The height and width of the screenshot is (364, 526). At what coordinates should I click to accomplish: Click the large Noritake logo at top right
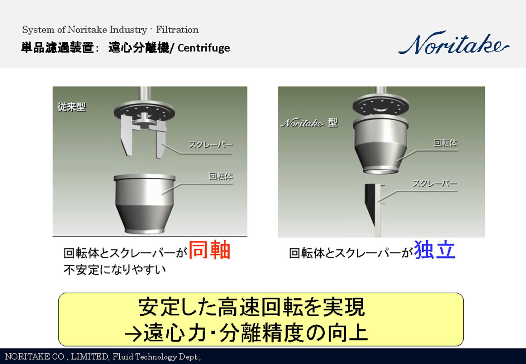[x=453, y=44]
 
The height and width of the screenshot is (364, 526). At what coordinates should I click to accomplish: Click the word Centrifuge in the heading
[x=204, y=48]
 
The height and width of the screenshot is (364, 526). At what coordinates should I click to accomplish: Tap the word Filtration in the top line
[x=177, y=30]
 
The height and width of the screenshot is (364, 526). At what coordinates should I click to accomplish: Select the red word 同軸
[x=210, y=250]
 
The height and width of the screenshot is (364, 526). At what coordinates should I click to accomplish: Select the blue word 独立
[x=435, y=250]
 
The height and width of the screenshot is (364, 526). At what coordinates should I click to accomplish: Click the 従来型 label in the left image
[x=71, y=107]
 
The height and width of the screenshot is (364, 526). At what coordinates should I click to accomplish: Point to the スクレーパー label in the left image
[x=211, y=145]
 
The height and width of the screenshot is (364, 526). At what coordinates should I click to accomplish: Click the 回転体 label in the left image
[x=221, y=177]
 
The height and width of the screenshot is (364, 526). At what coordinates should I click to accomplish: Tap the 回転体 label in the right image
[x=445, y=143]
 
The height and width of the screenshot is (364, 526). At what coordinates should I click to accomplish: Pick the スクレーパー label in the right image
[x=435, y=183]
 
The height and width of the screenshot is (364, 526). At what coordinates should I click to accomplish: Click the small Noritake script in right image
[x=302, y=123]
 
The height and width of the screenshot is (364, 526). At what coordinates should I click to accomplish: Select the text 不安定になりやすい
[x=115, y=269]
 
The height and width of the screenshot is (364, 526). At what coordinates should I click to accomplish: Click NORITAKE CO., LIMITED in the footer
[x=56, y=357]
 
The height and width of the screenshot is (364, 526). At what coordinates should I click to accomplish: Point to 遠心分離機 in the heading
[x=139, y=48]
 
